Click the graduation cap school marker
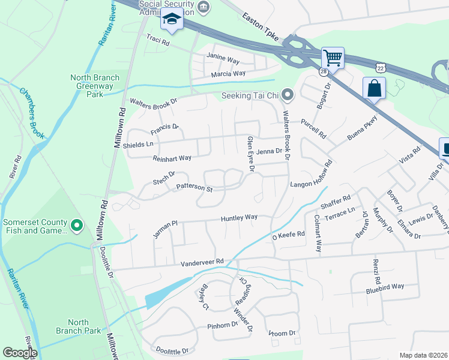172,20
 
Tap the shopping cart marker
333,58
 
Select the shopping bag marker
374,88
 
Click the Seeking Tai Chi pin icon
288,95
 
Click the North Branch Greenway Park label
95,85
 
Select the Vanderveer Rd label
202,262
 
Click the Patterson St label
194,188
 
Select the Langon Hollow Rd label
311,175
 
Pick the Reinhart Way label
172,158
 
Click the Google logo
20,353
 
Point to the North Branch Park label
84,326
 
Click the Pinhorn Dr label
223,325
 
